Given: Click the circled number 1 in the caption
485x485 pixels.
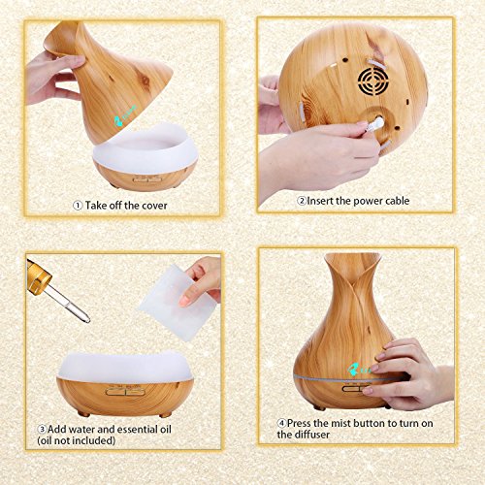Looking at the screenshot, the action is click(x=78, y=206).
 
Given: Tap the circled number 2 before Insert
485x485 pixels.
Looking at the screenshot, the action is click(x=302, y=201).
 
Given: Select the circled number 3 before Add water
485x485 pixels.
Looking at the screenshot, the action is click(x=42, y=430).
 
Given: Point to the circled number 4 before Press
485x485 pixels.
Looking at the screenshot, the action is click(x=281, y=423).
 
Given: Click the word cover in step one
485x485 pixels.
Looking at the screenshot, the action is click(x=153, y=206).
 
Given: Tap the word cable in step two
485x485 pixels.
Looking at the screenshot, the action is click(x=396, y=201).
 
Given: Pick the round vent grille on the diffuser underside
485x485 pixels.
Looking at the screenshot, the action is click(x=373, y=80).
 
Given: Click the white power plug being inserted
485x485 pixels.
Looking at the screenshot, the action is click(x=375, y=124).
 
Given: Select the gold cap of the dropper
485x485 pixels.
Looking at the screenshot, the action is click(x=38, y=276).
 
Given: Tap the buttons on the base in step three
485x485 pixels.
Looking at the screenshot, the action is click(x=125, y=391).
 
